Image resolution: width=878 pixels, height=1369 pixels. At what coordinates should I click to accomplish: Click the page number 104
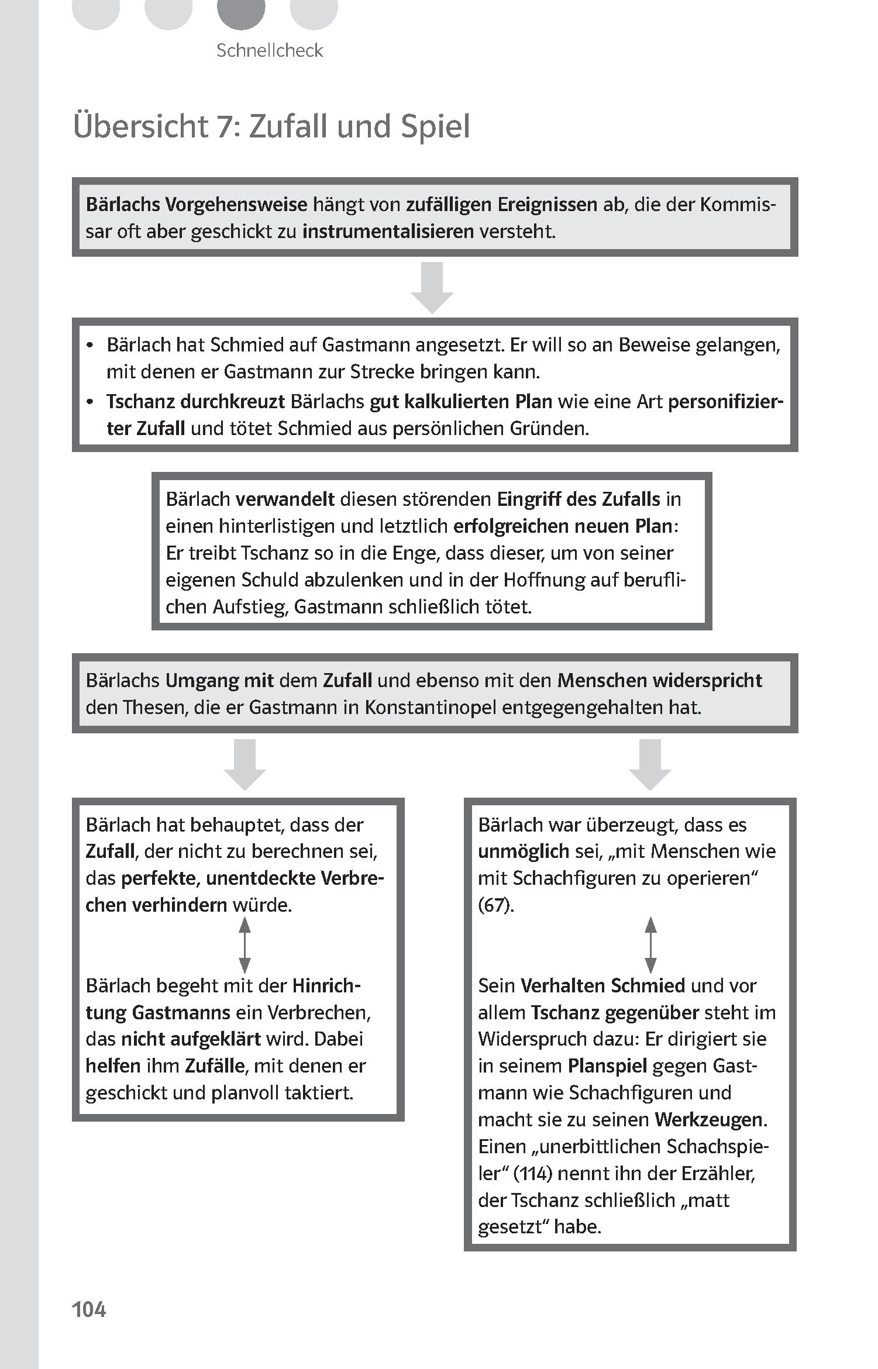click(89, 1309)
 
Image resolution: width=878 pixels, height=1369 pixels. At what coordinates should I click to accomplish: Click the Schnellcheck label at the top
click(269, 50)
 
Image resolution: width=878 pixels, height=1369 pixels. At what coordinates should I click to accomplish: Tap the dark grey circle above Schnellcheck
click(241, 12)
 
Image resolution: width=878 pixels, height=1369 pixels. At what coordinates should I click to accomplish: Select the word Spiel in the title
click(435, 126)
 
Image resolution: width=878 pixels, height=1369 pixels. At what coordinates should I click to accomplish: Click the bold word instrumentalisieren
click(388, 232)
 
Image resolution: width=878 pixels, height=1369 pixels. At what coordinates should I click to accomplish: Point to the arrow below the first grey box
click(432, 288)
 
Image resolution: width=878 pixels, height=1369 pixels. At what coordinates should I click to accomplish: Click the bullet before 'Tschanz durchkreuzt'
click(89, 402)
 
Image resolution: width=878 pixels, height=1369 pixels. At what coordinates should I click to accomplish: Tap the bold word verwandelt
click(285, 499)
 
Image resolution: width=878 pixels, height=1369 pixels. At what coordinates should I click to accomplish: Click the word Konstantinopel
click(431, 708)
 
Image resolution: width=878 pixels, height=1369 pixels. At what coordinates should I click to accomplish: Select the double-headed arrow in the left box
click(245, 945)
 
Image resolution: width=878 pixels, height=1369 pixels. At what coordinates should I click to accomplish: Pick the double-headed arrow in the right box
click(650, 945)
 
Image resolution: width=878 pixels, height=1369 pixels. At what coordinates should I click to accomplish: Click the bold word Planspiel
click(607, 1066)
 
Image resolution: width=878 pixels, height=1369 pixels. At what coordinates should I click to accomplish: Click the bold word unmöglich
click(523, 851)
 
